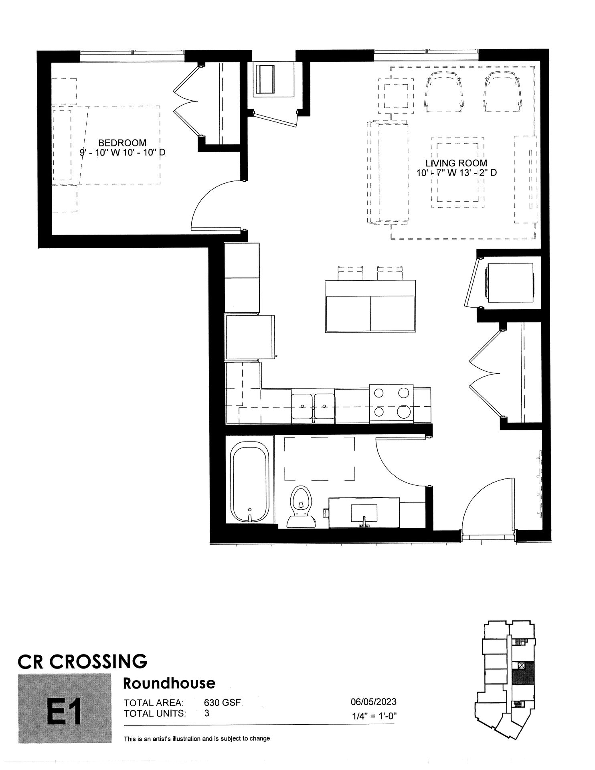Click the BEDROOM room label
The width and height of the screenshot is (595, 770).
[x=122, y=142]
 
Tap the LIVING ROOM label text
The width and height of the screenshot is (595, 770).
[x=456, y=163]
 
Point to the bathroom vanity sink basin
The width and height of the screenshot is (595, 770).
[x=364, y=513]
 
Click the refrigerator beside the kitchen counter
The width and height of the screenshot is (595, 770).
[x=250, y=337]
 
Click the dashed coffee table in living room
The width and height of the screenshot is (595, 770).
[x=457, y=172]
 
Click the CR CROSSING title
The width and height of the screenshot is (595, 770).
[x=83, y=661]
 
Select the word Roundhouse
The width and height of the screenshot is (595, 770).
[x=169, y=683]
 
